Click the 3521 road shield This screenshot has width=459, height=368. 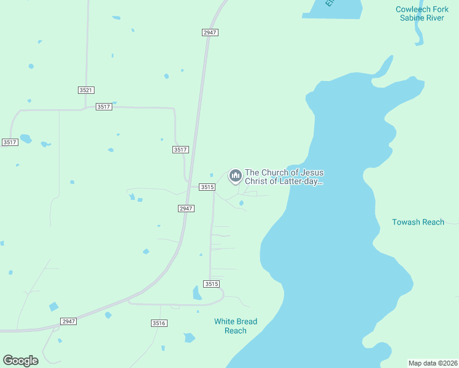point(86,90)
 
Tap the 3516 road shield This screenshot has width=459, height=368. point(159,323)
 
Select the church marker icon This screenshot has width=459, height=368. point(235,177)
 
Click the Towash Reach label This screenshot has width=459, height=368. point(418,222)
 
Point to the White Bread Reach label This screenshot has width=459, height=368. point(236,326)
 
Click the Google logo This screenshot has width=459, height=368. point(21,361)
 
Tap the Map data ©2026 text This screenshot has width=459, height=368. point(433,362)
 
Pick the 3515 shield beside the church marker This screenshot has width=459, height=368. point(207,187)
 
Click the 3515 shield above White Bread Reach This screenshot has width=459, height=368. point(211,284)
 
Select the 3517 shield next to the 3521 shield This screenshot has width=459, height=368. point(104,107)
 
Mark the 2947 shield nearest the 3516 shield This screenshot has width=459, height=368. point(69,321)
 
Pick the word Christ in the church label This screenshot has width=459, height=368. point(256,182)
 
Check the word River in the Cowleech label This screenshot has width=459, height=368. point(435,18)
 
